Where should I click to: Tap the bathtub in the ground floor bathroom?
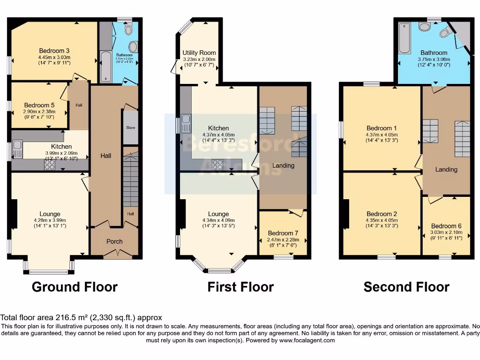[105, 67]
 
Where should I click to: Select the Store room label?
[130, 127]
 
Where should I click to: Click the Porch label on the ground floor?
[114, 241]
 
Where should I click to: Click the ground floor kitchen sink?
[18, 150]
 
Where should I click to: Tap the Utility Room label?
[199, 52]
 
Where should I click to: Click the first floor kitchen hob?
[218, 164]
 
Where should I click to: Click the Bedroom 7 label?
[283, 233]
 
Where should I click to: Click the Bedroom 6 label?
[446, 225]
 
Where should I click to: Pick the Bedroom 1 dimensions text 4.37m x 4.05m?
[382, 135]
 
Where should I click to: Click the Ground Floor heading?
[75, 287]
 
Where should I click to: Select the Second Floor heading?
[406, 287]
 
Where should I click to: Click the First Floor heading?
[240, 287]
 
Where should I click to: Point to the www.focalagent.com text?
[307, 340]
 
